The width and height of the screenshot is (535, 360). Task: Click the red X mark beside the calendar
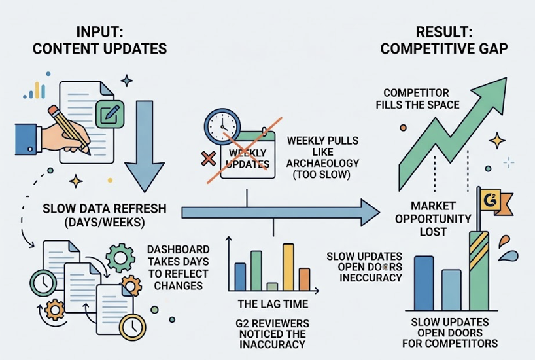pos(210,158)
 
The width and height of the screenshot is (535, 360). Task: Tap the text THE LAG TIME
pos(272,304)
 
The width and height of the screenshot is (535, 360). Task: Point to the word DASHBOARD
pos(169,249)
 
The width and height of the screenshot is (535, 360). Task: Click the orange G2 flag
pos(489,201)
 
